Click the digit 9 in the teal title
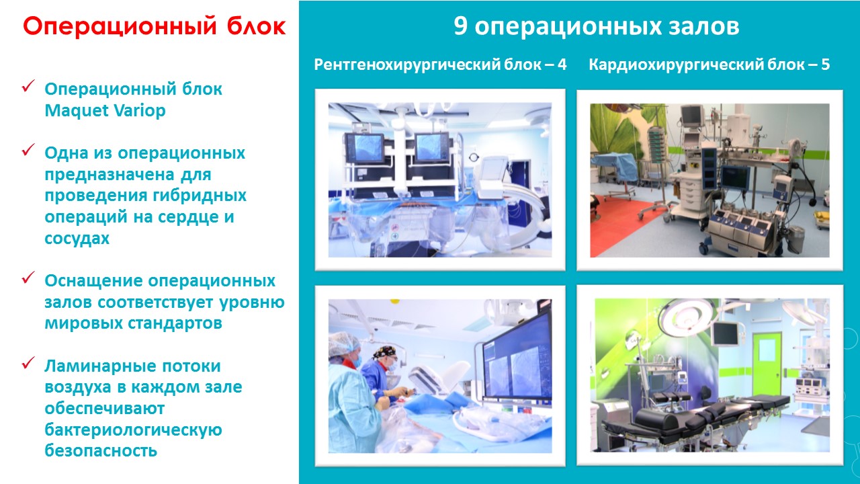461,26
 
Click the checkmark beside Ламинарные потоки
28,362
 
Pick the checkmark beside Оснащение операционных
28,277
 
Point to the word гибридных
200,196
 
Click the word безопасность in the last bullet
101,450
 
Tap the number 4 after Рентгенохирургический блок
562,64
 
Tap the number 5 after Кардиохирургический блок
826,64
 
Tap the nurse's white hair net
343,342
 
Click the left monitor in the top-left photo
365,149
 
